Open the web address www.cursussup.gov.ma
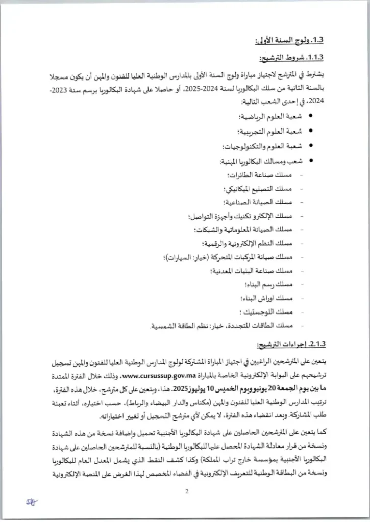pyautogui.click(x=155, y=377)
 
